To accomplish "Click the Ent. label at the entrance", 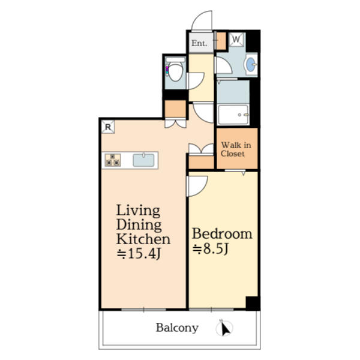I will (199, 43).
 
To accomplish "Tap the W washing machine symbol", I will (236, 40).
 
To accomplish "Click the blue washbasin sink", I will (251, 64).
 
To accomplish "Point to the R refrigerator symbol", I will (107, 127).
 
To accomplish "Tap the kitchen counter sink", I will (144, 160).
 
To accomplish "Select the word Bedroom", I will (221, 233).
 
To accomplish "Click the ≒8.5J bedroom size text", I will (211, 249).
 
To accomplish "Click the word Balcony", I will (177, 328).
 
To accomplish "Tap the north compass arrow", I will (226, 329).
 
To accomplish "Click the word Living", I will (138, 211).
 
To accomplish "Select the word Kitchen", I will (143, 239).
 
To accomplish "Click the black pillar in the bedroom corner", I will (253, 303).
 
